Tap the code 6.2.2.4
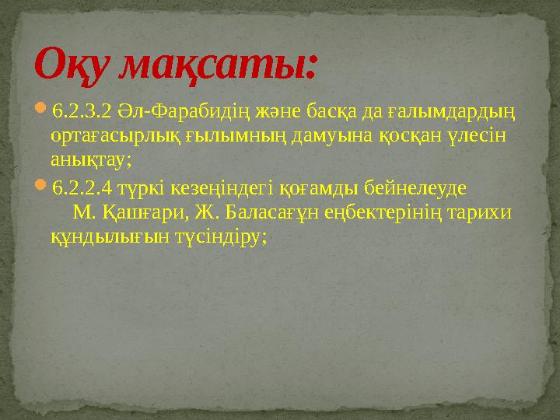click(x=84, y=189)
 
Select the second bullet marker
click(x=42, y=188)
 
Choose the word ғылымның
click(x=234, y=137)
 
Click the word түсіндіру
click(x=222, y=236)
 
